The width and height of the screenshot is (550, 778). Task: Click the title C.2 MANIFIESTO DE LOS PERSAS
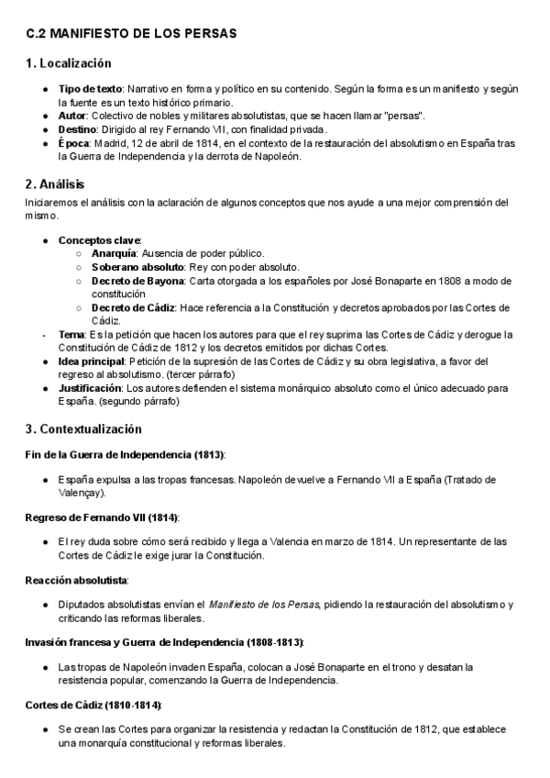point(131,33)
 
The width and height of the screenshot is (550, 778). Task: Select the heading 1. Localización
point(69,63)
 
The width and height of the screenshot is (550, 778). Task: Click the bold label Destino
point(78,129)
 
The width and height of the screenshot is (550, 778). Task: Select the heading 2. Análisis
point(57,183)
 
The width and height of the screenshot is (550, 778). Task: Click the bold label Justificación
point(90,388)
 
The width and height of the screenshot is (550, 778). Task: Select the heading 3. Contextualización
point(84,428)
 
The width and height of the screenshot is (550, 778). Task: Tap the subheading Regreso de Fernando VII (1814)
point(102,517)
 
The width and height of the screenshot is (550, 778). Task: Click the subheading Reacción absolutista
point(77,580)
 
